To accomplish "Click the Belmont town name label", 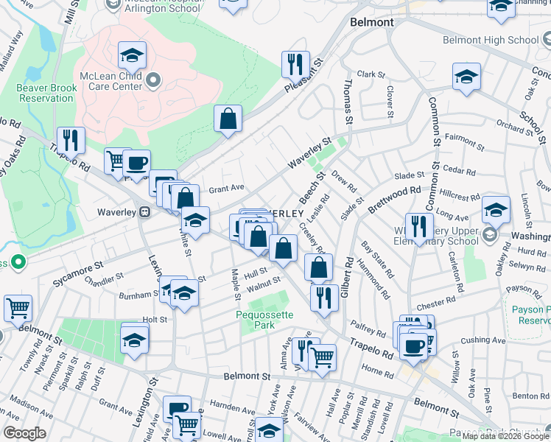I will (x=372, y=22).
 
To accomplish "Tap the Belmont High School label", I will (x=491, y=40).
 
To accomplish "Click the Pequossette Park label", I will (x=264, y=320).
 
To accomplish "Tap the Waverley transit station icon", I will (x=145, y=212).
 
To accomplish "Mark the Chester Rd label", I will (x=436, y=304).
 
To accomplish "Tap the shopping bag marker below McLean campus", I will (x=228, y=119).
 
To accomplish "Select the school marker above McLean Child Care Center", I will (x=132, y=55).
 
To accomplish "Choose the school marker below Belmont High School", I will (x=467, y=77).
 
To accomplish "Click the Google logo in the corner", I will (x=24, y=433).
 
